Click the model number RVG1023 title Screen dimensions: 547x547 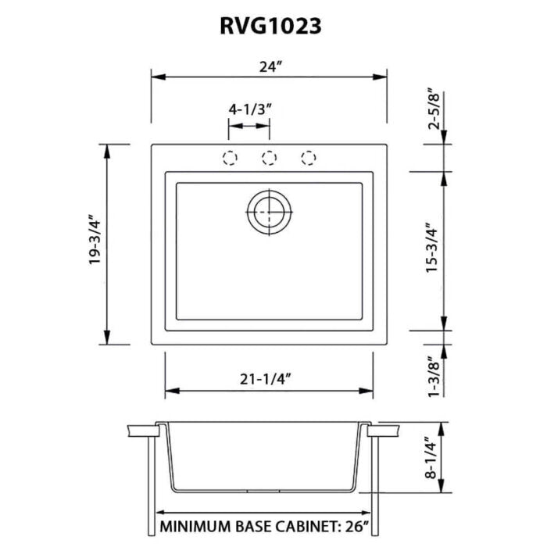click(x=270, y=27)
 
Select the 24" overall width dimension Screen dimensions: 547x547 click(x=270, y=67)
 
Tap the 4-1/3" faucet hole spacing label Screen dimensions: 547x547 click(x=250, y=109)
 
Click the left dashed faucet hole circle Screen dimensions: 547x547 click(x=230, y=158)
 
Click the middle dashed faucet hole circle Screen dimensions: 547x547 click(x=270, y=158)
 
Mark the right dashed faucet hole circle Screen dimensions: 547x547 click(x=309, y=158)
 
